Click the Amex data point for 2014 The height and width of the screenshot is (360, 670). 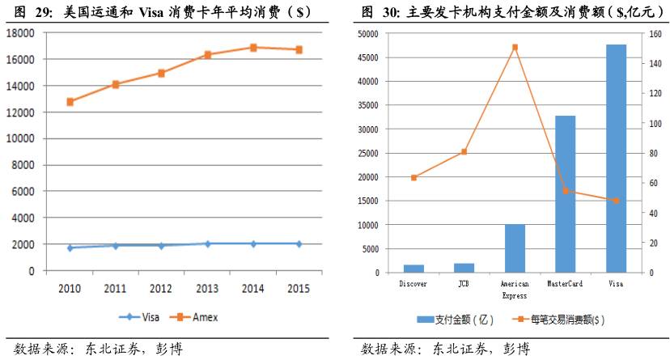pos(253,48)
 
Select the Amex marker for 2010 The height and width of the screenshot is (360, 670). pos(70,102)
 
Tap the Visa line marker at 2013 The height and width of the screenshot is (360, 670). pos(207,244)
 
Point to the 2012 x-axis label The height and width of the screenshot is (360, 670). pos(161,287)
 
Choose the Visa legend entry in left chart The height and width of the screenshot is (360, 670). pos(140,317)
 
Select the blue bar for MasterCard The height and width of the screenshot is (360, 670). pos(565,194)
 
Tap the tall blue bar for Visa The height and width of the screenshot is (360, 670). pos(616,159)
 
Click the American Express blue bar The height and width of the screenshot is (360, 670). pos(515,248)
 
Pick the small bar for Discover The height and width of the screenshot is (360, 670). pos(413,269)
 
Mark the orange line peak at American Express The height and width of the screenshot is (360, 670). pos(515,47)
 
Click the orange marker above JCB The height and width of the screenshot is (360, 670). pos(464,152)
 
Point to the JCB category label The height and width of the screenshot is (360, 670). pos(464,284)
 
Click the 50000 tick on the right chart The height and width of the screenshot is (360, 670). pos(369,34)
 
